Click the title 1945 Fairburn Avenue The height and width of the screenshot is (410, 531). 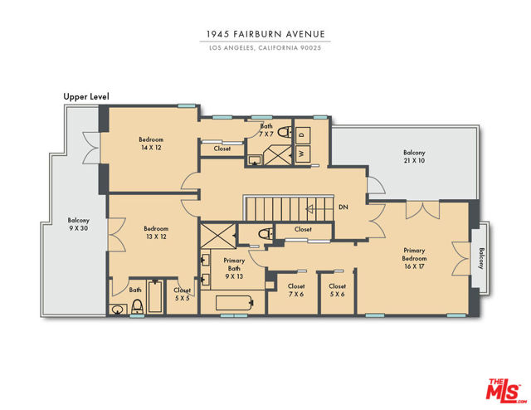[x=265, y=34]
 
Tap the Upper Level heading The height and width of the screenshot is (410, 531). [x=86, y=96]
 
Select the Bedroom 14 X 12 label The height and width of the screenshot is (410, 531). [x=151, y=144]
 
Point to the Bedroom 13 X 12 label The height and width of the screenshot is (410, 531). [x=156, y=232]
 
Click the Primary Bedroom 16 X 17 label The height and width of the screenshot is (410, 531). [x=414, y=258]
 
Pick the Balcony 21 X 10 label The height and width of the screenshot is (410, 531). [x=414, y=157]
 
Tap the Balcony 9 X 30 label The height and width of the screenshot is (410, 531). [x=78, y=224]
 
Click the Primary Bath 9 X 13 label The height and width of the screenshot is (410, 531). [x=234, y=268]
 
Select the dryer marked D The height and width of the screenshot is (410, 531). [x=302, y=134]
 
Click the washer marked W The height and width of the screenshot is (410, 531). [x=302, y=154]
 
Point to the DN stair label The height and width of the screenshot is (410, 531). [x=343, y=207]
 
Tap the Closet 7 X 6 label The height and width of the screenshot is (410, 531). [x=296, y=290]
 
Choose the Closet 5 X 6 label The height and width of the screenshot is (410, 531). [x=338, y=290]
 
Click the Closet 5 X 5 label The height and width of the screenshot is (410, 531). [x=183, y=294]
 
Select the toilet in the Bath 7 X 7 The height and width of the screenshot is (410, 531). [x=285, y=132]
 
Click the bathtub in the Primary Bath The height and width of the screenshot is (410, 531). [x=234, y=303]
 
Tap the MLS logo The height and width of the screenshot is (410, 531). [x=504, y=391]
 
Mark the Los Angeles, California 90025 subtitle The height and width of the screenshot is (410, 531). [x=265, y=48]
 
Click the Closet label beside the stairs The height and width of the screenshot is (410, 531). [x=303, y=229]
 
